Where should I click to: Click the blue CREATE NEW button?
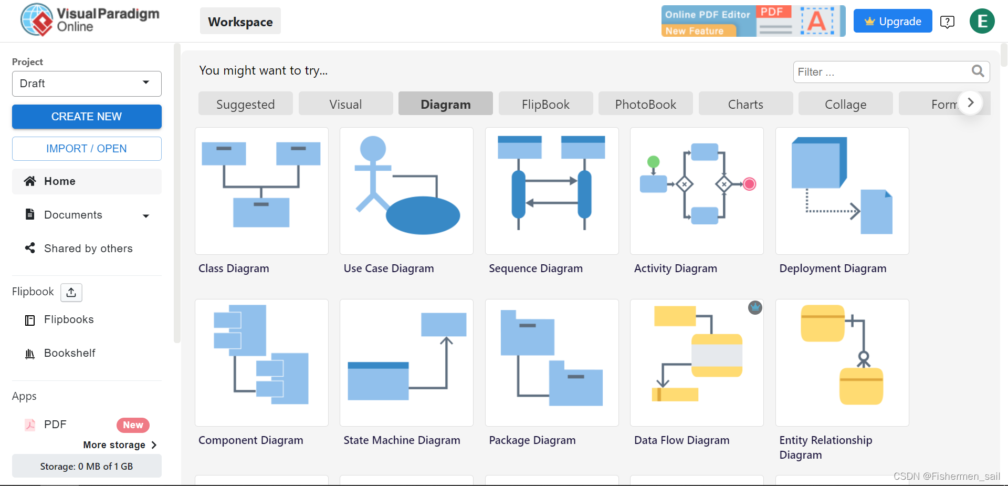coord(87,117)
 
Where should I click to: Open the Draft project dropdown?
coord(87,84)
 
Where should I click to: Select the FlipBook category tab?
coord(545,104)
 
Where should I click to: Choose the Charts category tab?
coord(745,104)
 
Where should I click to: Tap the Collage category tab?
coord(845,104)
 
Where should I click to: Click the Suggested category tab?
coord(245,104)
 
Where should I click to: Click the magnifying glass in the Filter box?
coord(978,71)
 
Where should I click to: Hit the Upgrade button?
coord(892,21)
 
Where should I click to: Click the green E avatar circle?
coord(982,22)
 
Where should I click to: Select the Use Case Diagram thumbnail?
coord(406,191)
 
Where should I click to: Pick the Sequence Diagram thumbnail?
coord(552,191)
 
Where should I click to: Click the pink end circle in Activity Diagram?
coord(750,184)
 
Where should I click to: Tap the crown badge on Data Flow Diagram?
coord(755,308)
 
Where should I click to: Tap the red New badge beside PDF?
coord(133,425)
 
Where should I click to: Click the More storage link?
coord(120,445)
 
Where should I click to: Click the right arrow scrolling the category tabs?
coord(971,103)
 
